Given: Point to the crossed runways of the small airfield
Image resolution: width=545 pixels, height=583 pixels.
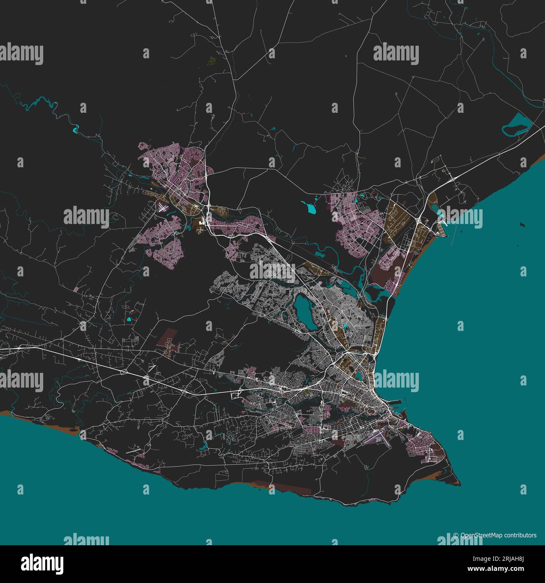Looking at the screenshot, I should (163, 207).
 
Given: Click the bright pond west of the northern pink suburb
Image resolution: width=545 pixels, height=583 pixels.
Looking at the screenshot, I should (310, 206).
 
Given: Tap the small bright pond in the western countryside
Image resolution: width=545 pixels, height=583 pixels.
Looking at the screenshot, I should (129, 320).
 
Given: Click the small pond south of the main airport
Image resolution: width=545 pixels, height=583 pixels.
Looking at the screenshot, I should (366, 467).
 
